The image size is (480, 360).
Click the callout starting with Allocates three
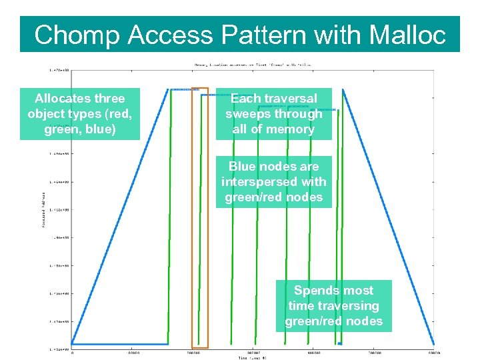pos(80,114)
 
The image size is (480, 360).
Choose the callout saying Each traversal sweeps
pos(273,114)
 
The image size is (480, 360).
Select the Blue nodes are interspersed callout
pos(273,182)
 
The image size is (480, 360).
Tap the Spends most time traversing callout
pos(333,306)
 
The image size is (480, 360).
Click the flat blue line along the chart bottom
pos(120,344)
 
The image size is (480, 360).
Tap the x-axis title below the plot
pos(253,358)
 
